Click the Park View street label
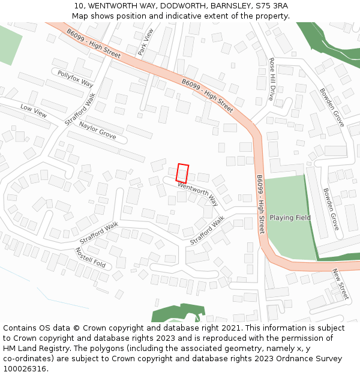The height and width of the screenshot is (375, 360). point(146,42)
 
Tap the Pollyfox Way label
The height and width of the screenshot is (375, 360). point(76,78)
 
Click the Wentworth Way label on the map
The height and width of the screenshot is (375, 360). point(197,194)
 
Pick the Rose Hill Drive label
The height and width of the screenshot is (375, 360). point(272,79)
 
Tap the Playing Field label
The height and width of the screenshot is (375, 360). point(290,217)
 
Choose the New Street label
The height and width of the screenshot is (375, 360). point(340,283)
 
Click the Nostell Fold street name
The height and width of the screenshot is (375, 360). point(91,257)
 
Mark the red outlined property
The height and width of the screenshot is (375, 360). point(182,173)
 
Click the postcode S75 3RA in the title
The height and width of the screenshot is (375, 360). point(271,6)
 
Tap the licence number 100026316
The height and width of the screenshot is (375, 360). point(25,368)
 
